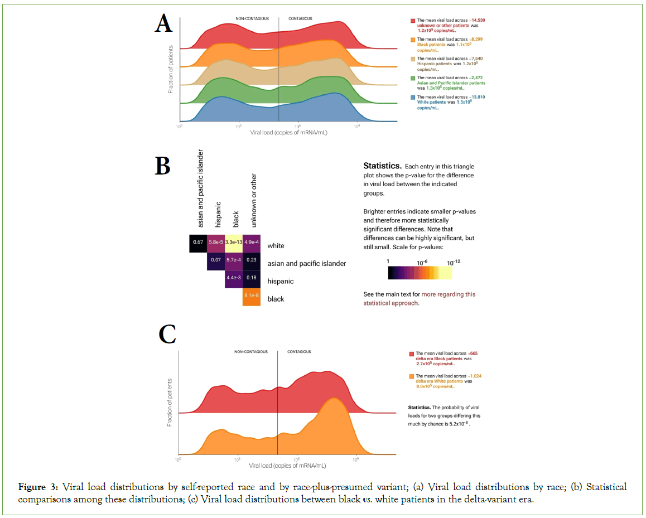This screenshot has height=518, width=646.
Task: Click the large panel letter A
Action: coord(163,25)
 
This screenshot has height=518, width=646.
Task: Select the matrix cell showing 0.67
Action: coord(197,243)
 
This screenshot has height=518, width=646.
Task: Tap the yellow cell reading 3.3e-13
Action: coord(234,243)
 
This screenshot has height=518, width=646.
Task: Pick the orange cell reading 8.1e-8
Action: coord(252,296)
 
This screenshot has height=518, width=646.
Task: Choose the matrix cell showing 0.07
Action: coord(215,260)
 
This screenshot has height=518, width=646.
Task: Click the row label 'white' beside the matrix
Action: coord(276,245)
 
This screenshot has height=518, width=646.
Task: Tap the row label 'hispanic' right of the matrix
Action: coord(280,281)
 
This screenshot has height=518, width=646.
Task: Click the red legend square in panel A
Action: coord(413,21)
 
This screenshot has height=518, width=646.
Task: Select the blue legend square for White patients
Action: coord(413,98)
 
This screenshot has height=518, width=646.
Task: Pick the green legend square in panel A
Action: coord(413,79)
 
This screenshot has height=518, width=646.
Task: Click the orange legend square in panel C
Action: coord(412,377)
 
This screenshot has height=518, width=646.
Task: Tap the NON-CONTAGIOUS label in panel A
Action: coord(252,19)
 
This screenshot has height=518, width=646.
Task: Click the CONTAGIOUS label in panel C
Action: coord(299,352)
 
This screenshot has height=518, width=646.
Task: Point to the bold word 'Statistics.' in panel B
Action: coord(382,166)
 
